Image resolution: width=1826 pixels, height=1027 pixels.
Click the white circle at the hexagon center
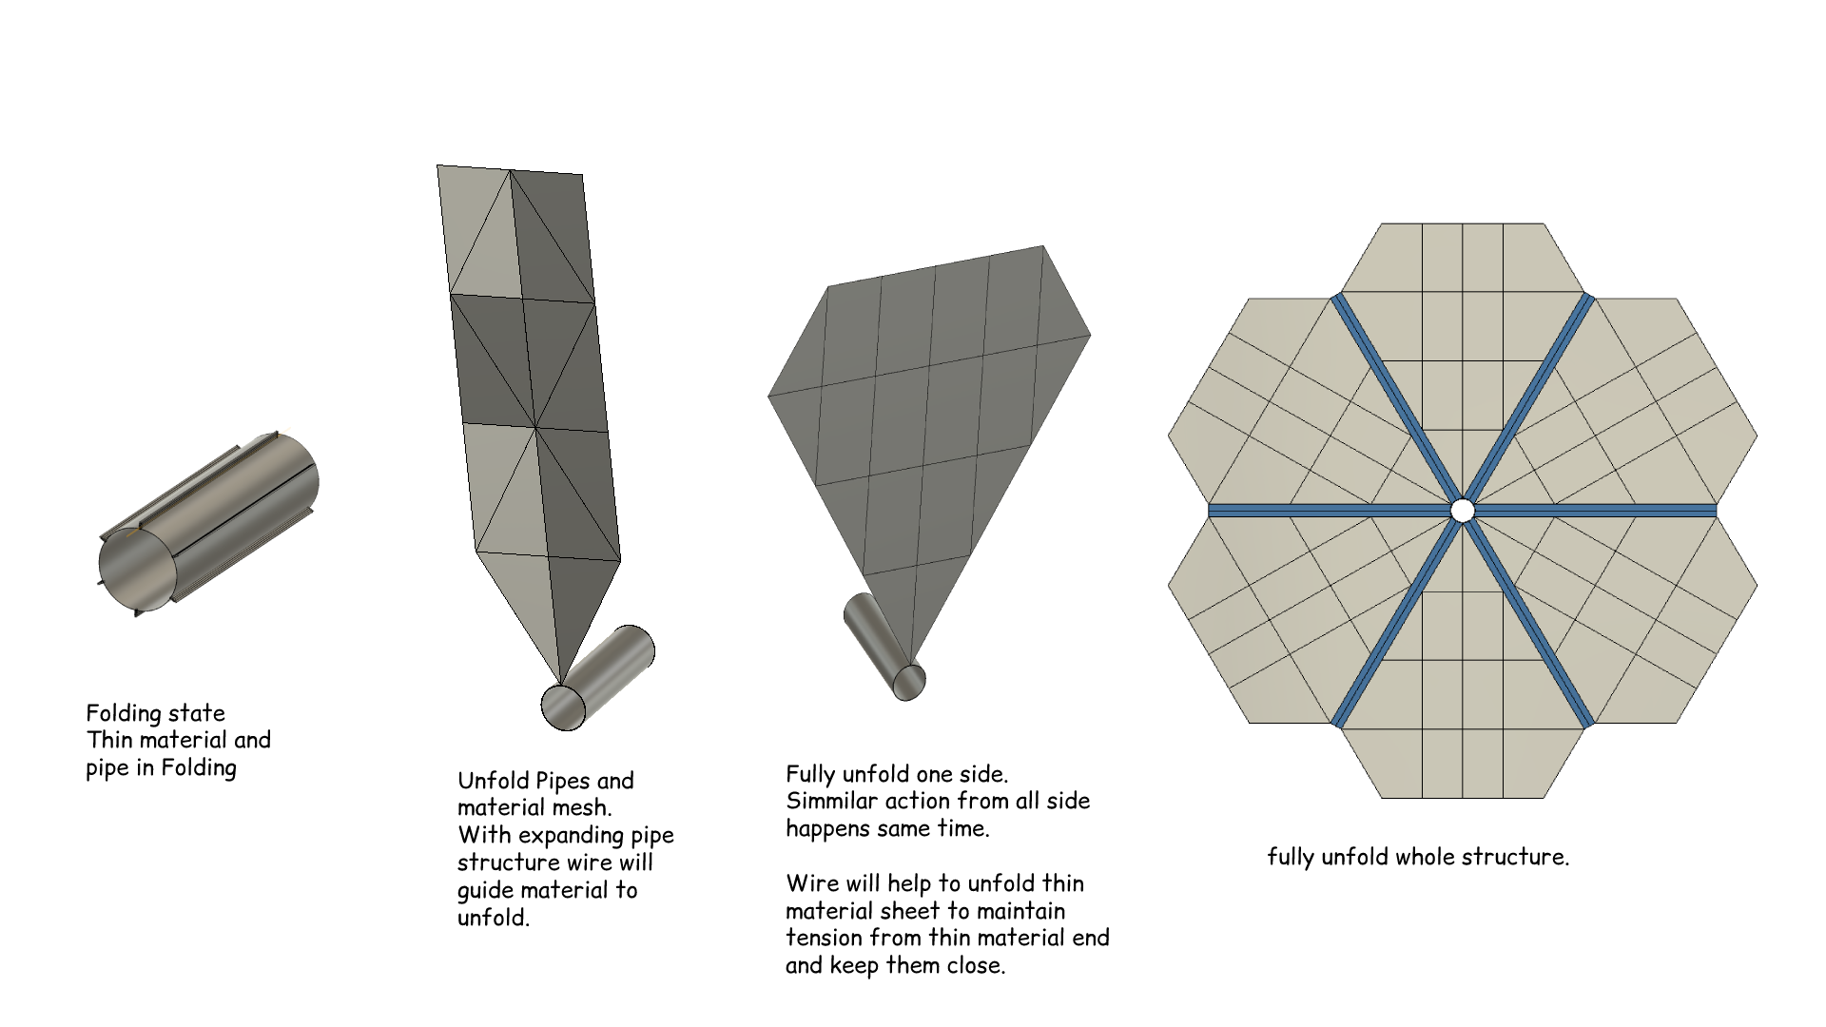coord(1463,511)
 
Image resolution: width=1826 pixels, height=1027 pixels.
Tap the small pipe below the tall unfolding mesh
coord(598,678)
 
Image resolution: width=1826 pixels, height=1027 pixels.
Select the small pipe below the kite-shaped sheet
coord(884,648)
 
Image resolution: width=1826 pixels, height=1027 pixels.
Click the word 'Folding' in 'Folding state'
coord(123,714)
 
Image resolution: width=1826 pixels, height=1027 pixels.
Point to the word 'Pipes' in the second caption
coord(565,782)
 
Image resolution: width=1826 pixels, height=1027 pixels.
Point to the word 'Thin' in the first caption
coord(107,740)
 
